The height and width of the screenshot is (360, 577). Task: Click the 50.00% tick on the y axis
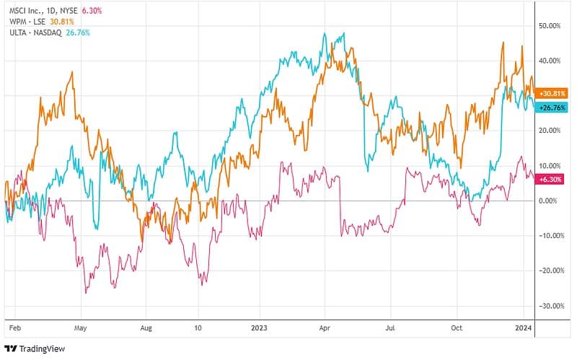point(551,25)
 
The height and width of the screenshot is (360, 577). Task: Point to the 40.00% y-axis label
point(551,61)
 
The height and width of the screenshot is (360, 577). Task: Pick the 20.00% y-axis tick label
point(551,131)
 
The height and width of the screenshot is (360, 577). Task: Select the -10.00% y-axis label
point(550,235)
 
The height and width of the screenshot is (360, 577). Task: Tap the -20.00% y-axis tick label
point(550,271)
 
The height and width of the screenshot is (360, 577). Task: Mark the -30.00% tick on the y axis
point(550,305)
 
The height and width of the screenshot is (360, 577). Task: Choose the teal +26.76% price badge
point(552,107)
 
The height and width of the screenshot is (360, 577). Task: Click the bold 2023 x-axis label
point(258,326)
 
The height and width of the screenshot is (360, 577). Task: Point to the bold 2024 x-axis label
point(524,326)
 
